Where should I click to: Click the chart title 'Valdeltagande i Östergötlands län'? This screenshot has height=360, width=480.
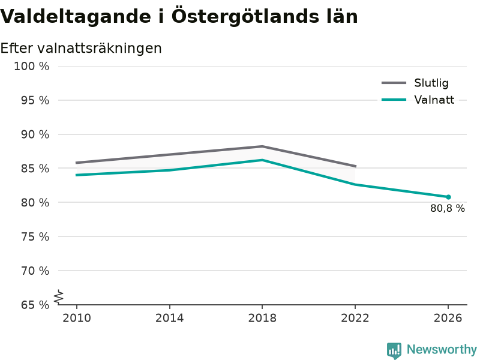coord(179,17)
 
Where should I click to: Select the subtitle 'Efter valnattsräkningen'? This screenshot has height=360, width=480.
coord(81,49)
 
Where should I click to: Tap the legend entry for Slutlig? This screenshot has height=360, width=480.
coord(415,83)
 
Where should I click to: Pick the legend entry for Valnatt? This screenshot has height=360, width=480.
coord(418,100)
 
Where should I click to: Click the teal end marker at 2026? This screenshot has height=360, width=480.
coord(448,197)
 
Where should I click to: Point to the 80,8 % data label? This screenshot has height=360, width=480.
coord(448,208)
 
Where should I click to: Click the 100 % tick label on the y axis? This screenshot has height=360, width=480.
coord(32,67)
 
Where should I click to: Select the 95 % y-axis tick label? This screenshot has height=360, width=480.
coord(35,100)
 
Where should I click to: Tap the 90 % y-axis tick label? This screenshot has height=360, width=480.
coord(35,134)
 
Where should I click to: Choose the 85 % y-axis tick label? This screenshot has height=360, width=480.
coord(35,169)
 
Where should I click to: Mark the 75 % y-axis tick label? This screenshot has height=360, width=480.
coord(35,236)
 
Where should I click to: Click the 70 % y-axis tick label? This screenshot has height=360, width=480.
coord(35,271)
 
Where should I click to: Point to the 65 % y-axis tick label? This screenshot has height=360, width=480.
coord(35,305)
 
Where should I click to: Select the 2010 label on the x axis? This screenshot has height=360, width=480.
coord(77,318)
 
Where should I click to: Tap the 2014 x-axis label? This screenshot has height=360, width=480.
coord(169,318)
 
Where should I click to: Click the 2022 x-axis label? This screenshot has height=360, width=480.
coord(355,318)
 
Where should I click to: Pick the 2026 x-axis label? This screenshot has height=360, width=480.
coord(448,318)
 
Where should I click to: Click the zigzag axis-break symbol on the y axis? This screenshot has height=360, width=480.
coord(58,297)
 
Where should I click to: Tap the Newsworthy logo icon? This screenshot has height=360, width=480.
coord(394,350)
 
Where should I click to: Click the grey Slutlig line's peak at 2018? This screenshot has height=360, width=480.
coord(262,146)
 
